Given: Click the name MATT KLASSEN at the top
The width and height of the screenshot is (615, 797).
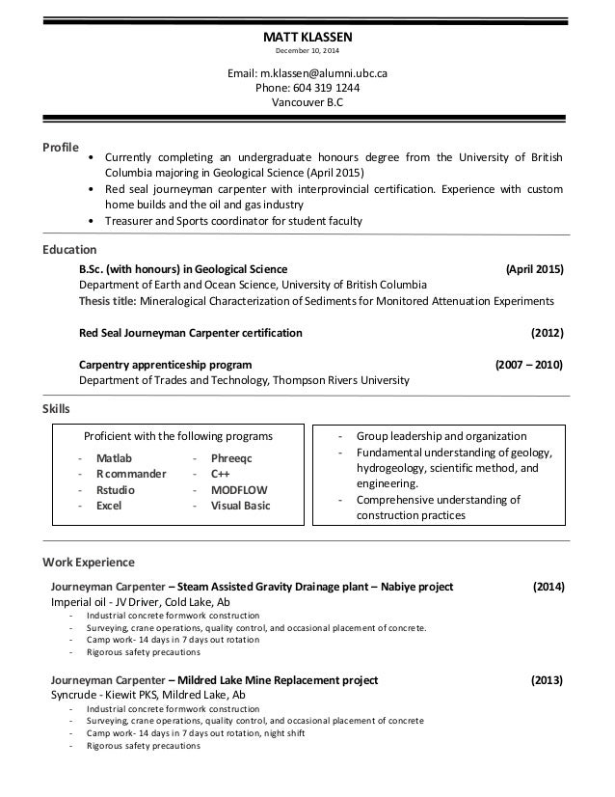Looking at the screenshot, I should point(307,38).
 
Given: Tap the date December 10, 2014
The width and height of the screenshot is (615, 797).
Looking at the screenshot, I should point(307,51).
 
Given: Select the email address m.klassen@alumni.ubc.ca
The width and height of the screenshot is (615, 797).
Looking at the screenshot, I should point(307,72).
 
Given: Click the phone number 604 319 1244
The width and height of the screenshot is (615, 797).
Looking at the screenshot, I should point(307,87).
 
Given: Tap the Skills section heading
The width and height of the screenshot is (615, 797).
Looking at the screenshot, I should point(57,409).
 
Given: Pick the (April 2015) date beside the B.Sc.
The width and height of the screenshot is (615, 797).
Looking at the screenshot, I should point(535,269).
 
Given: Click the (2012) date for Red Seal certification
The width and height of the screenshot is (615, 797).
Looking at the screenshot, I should point(548,333).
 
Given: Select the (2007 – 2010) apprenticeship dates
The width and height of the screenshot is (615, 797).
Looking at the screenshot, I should point(529,365).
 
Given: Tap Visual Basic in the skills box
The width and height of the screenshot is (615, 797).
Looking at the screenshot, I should point(240,505).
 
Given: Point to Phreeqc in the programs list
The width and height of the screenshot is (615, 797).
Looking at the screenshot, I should point(230,458).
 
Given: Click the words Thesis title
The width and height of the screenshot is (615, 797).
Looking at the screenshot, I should point(108,301).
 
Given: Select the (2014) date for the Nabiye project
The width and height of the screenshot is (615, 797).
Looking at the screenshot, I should point(548,586).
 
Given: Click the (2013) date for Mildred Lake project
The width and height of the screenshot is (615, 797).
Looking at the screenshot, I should point(547,680).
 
